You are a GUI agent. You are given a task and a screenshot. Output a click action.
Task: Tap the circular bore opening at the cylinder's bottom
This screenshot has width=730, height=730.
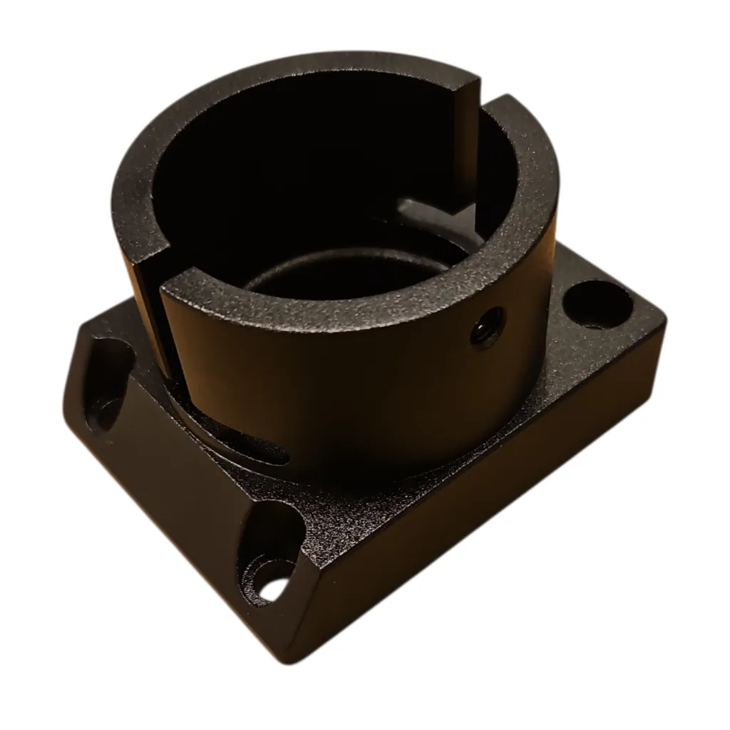(x=342, y=274)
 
